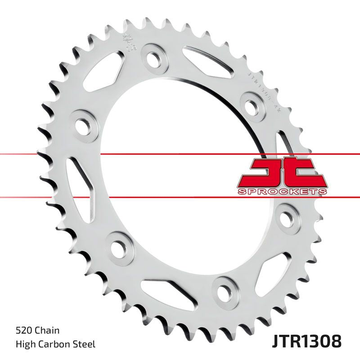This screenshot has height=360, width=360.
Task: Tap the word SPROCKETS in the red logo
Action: (x=281, y=192)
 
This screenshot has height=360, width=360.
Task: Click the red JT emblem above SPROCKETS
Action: (x=281, y=172)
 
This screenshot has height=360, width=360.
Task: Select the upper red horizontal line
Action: (x=180, y=154)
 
